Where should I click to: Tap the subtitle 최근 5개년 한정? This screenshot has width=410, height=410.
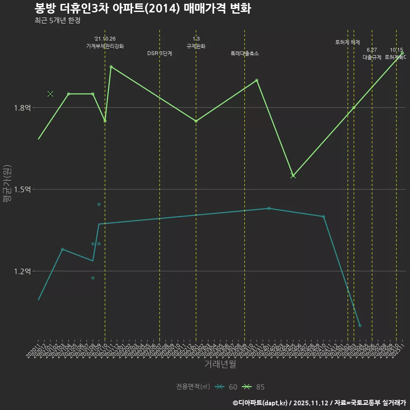[57, 20]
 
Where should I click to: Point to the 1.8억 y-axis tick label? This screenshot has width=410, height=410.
[22, 108]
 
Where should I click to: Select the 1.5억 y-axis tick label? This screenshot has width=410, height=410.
[22, 190]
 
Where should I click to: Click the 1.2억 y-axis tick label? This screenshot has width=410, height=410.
[22, 271]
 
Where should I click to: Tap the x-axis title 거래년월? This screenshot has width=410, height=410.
[220, 364]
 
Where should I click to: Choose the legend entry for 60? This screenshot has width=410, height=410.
[226, 387]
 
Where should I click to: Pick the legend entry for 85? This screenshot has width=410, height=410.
[253, 387]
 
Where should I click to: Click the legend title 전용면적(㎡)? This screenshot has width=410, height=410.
[193, 387]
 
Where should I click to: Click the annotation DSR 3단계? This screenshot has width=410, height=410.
[160, 53]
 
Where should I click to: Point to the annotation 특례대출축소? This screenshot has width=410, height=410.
[244, 53]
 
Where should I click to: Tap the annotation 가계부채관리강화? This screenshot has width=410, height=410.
[105, 46]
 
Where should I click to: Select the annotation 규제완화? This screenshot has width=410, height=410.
[196, 46]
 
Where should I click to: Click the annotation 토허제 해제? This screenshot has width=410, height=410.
[348, 42]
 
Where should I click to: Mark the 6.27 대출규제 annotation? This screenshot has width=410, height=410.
[372, 54]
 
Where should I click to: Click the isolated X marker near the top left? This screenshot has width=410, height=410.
[50, 94]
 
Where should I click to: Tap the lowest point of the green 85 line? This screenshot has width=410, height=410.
[293, 176]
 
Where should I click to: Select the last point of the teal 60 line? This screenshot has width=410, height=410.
[360, 325]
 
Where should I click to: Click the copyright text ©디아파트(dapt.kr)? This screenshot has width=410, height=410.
[261, 402]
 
